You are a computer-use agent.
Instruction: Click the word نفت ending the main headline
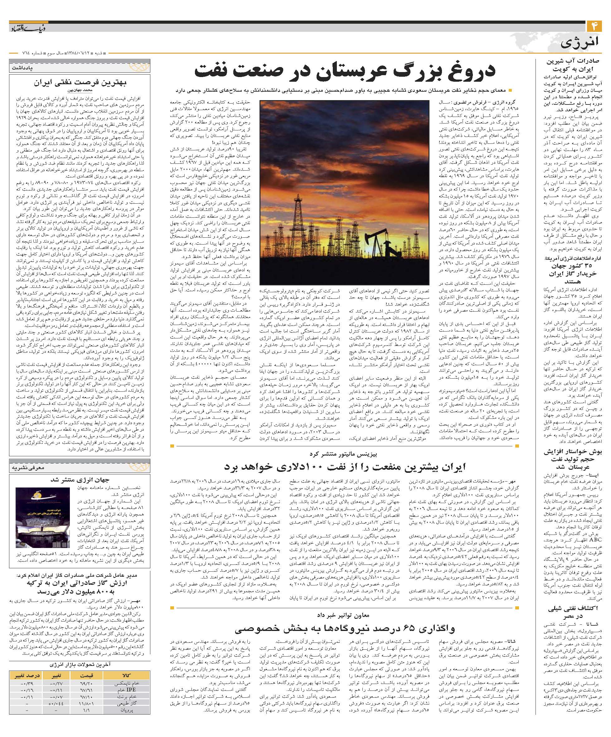point(211,71)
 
